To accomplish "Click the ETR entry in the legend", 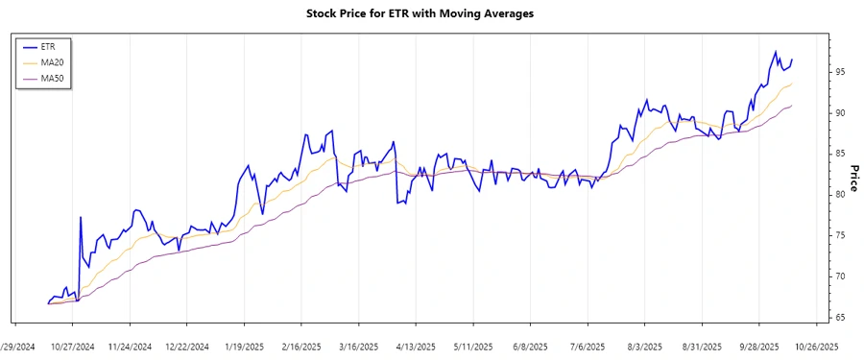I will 49,46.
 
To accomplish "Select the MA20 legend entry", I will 52,62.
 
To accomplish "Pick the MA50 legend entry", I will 52,78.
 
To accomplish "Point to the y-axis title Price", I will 852,178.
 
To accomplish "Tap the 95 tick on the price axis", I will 840,72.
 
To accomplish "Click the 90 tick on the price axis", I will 840,113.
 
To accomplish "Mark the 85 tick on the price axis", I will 840,154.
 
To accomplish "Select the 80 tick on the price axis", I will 840,194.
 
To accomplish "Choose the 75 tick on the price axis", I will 840,235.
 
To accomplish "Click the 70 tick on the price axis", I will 840,276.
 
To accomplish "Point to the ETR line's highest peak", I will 776,52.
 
